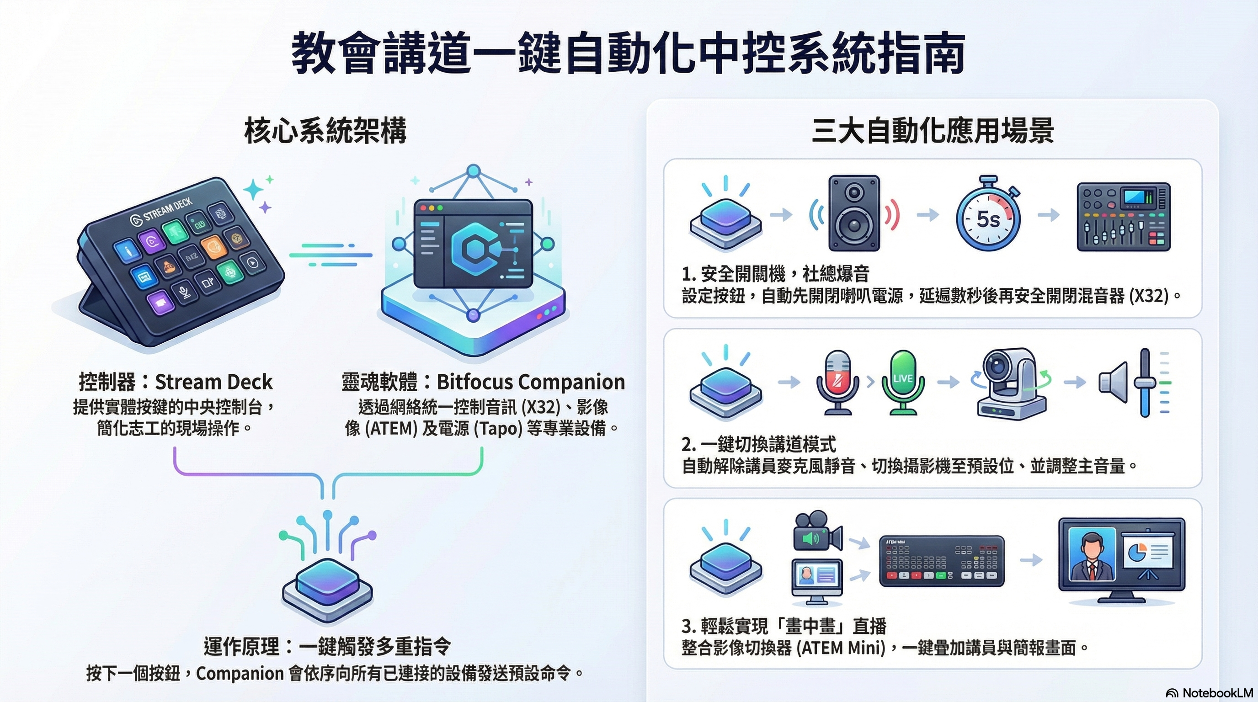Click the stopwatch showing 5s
coord(988,217)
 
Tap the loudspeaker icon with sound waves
coord(854,213)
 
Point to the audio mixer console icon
coord(1123,217)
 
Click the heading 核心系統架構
coord(325,131)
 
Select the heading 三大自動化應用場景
coord(932,131)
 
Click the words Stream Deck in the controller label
coord(213,382)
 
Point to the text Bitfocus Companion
coord(530,382)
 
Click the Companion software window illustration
coord(472,244)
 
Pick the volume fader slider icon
coord(1145,383)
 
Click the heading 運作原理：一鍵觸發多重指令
coord(327,647)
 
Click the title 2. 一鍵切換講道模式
coord(758,444)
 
